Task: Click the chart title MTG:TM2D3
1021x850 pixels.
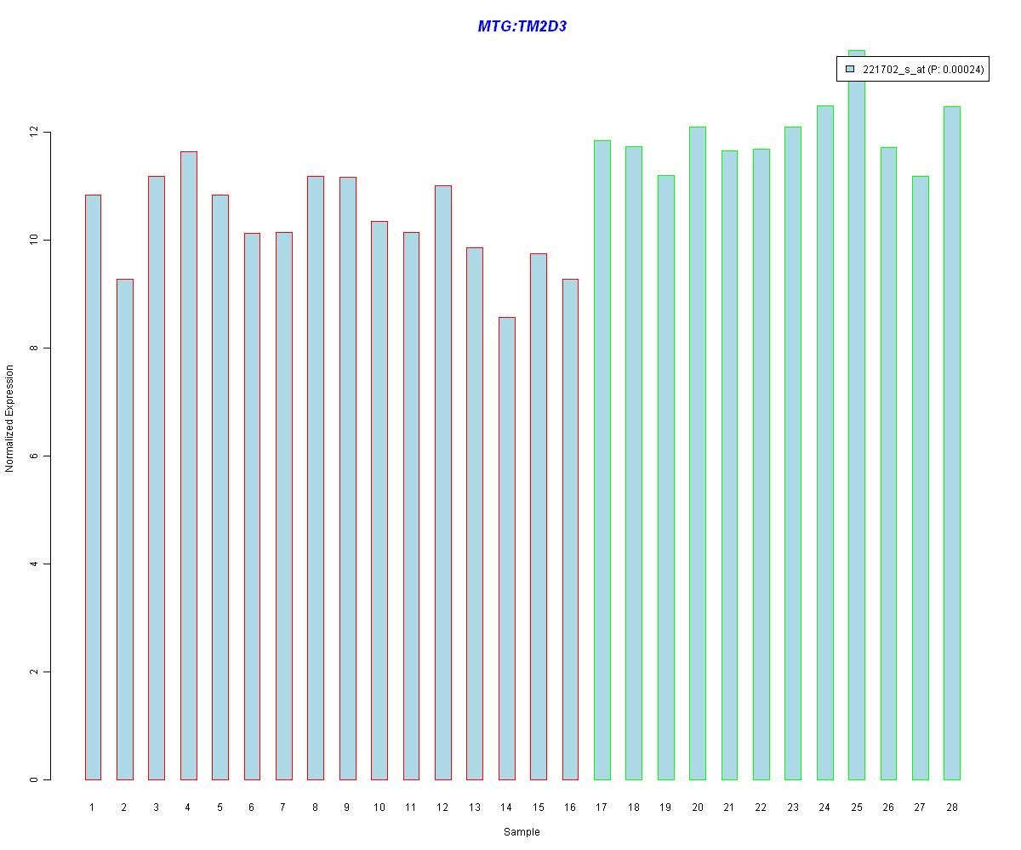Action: (522, 26)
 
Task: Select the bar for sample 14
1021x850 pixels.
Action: (506, 548)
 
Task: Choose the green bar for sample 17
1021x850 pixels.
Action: (602, 460)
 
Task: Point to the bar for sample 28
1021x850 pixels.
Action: (951, 443)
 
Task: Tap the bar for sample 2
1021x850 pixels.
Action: (124, 529)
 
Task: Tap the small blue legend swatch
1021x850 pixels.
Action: (849, 70)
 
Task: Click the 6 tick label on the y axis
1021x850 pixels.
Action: (35, 456)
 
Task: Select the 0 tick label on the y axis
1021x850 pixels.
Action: (35, 779)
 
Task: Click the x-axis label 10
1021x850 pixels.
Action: (379, 807)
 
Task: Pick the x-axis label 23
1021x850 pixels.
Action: (792, 807)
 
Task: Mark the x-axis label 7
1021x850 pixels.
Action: (283, 807)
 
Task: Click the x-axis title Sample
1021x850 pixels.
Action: (522, 832)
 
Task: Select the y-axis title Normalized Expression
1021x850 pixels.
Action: (10, 418)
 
